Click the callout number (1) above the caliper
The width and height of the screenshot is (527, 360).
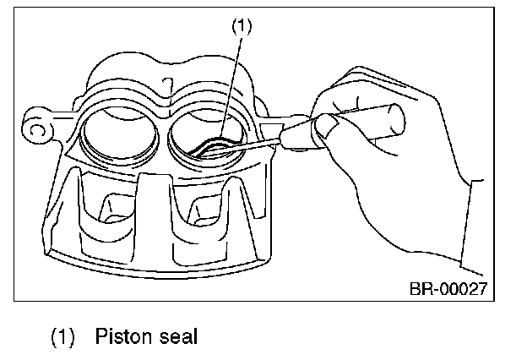pyautogui.click(x=242, y=26)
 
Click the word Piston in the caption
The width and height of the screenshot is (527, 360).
pyautogui.click(x=122, y=336)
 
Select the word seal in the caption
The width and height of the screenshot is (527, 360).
pyautogui.click(x=177, y=336)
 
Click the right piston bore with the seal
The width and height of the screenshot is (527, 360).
pyautogui.click(x=209, y=135)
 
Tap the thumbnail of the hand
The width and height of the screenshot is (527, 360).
pyautogui.click(x=329, y=127)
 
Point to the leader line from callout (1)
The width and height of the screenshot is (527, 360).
pyautogui.click(x=235, y=85)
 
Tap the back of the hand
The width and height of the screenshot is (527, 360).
pyautogui.click(x=397, y=169)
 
